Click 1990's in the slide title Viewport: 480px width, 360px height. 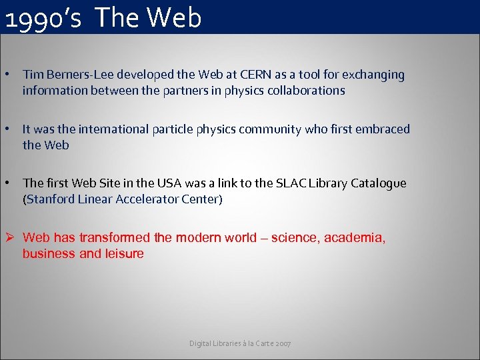43,19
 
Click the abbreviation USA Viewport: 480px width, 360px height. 164,183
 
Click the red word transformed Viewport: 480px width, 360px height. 115,237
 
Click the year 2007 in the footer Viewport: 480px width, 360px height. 282,343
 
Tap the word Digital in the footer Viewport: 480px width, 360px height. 199,343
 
